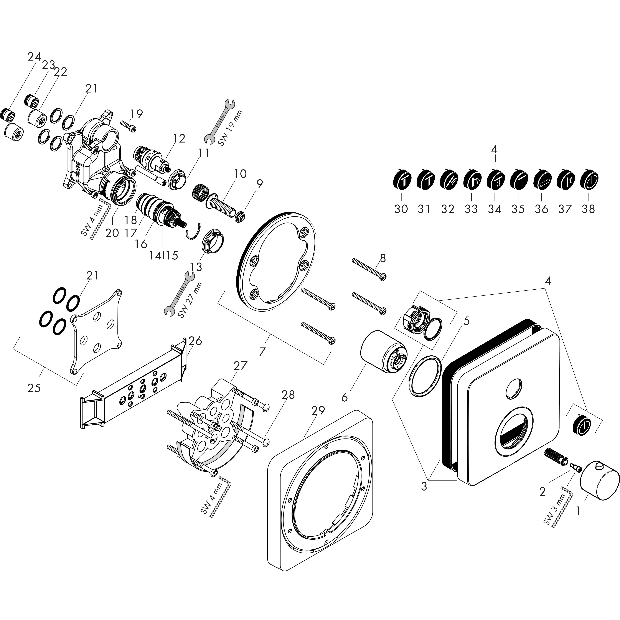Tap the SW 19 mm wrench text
pos(230,128)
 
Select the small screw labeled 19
pos(128,125)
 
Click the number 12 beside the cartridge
pos(179,139)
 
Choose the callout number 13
pos(196,267)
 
